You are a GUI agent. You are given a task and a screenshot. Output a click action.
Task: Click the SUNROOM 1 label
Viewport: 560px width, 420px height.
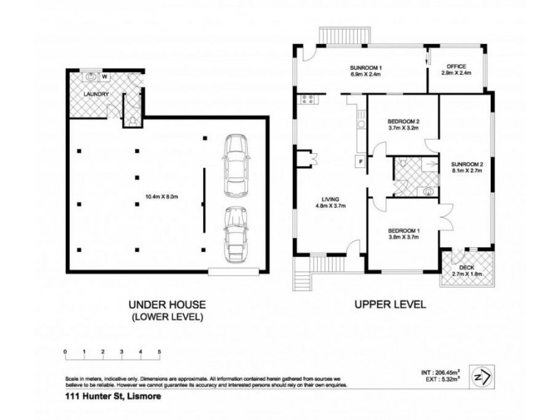click(x=370, y=68)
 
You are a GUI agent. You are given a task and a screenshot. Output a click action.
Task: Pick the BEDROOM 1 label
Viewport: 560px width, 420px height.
click(x=403, y=233)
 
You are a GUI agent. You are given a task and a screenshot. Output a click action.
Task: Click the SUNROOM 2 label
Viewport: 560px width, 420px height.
click(x=466, y=164)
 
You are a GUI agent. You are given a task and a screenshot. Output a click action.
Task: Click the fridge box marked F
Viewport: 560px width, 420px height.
click(x=360, y=162)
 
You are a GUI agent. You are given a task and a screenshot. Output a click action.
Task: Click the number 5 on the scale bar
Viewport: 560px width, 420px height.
click(x=160, y=351)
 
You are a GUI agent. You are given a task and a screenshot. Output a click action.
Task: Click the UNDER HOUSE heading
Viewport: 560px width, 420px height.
click(x=165, y=305)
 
